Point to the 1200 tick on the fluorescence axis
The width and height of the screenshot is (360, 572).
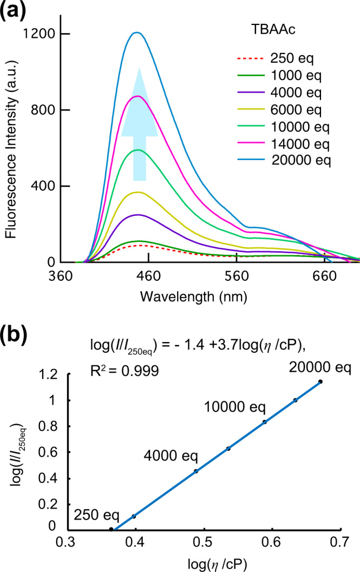click(x=41, y=34)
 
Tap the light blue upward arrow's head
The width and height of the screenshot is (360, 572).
click(x=139, y=103)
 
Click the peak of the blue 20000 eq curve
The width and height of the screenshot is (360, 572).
click(x=137, y=32)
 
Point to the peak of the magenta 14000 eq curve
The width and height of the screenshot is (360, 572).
click(x=138, y=96)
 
